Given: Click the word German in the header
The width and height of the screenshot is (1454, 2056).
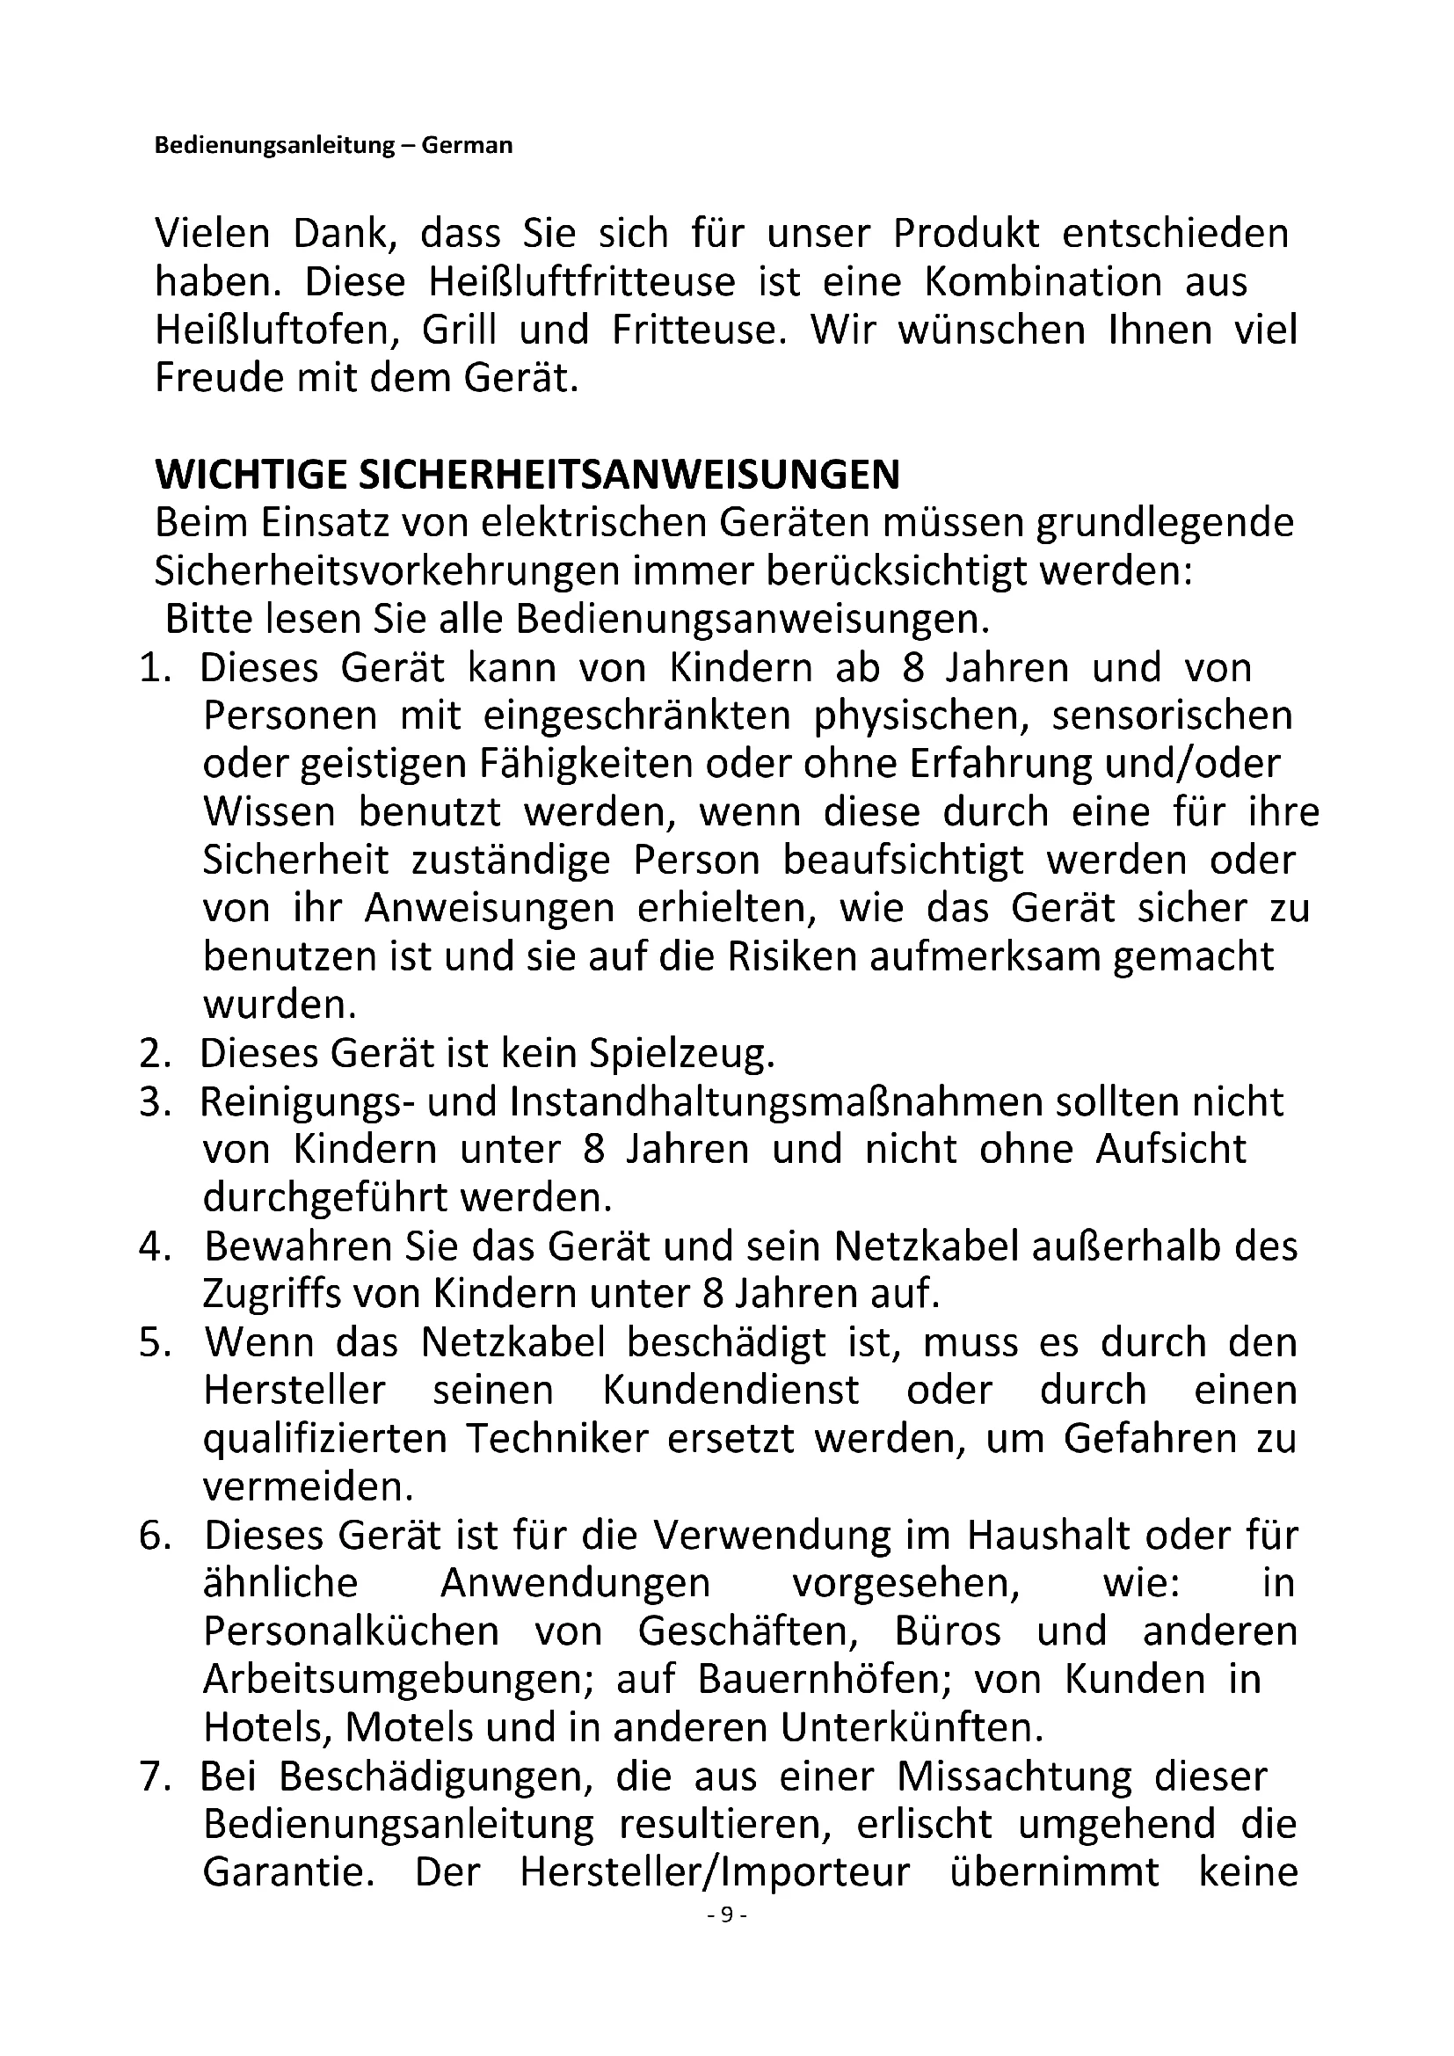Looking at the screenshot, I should coord(467,145).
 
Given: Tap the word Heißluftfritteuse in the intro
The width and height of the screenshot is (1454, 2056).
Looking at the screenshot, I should coord(582,283).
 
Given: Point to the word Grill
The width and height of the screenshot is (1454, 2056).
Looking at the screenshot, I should coord(459,331).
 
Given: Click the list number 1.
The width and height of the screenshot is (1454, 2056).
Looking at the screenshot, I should coord(156,668).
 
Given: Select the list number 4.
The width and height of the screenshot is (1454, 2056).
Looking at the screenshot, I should coord(156,1247).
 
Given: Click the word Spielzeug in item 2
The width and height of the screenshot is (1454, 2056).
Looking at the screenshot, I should coord(680,1054).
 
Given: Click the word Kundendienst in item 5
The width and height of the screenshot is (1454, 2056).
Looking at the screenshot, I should coord(731,1391).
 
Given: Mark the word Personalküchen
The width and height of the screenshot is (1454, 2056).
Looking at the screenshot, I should coord(351,1631).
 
